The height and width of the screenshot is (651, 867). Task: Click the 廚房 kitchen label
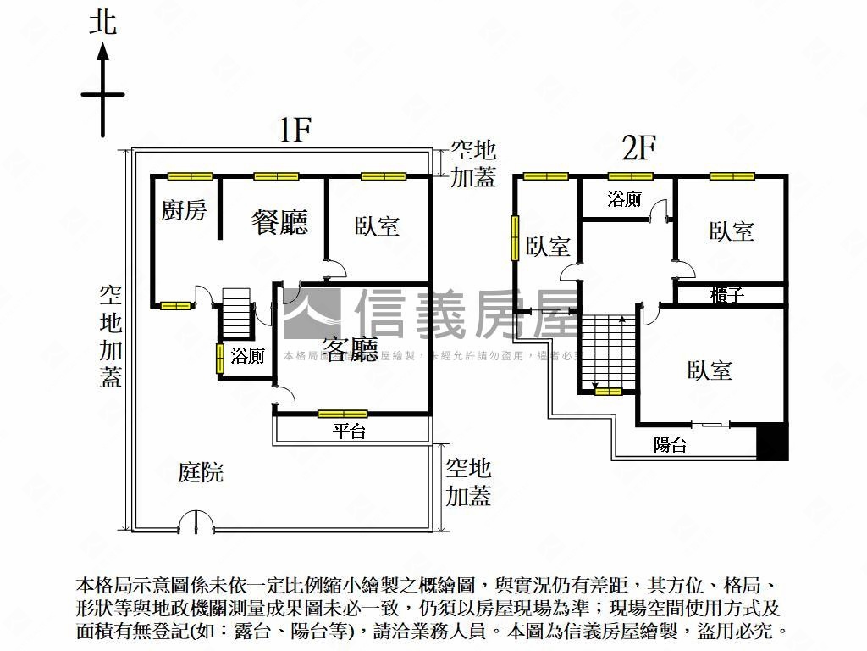click(x=184, y=210)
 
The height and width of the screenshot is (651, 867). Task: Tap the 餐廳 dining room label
click(x=279, y=222)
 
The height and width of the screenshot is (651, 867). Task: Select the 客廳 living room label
click(x=350, y=349)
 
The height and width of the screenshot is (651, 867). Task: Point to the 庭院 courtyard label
click(x=201, y=472)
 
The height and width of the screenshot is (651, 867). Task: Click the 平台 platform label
click(x=349, y=431)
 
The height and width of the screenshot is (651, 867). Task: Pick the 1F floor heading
click(x=297, y=131)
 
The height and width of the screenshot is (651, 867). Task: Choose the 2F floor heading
click(x=639, y=148)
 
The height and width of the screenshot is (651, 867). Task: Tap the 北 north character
click(x=103, y=22)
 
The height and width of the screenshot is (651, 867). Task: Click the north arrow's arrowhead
click(x=103, y=53)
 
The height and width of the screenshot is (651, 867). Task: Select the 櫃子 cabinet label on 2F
click(x=727, y=295)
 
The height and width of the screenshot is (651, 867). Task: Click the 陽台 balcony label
click(x=670, y=444)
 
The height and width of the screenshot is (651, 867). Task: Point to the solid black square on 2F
click(x=772, y=442)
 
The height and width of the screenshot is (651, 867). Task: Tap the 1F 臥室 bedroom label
click(x=377, y=226)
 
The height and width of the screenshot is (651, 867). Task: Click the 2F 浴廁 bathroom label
click(x=624, y=200)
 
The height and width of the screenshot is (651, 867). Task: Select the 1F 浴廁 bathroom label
click(x=247, y=357)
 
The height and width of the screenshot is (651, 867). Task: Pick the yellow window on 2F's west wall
click(x=513, y=238)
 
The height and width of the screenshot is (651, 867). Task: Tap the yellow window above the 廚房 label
click(x=190, y=176)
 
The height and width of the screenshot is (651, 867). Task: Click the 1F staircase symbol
click(x=235, y=311)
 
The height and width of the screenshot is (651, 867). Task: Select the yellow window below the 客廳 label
click(x=342, y=414)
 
